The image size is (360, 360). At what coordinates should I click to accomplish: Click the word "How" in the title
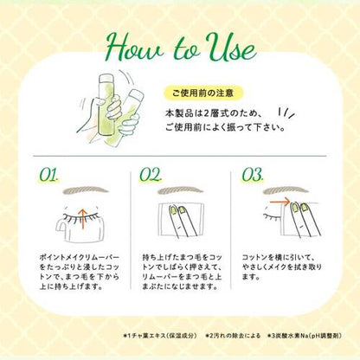pyautogui.click(x=136, y=47)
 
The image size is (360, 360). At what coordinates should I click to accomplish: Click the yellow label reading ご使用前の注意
pyautogui.click(x=203, y=93)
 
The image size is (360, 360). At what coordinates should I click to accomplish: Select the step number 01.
pyautogui.click(x=49, y=175)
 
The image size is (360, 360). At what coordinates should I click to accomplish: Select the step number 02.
pyautogui.click(x=151, y=175)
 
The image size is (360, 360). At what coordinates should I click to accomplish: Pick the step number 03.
pyautogui.click(x=253, y=175)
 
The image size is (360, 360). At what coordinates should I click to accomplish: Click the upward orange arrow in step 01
pyautogui.click(x=82, y=219)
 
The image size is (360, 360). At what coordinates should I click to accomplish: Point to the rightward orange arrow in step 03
pyautogui.click(x=280, y=202)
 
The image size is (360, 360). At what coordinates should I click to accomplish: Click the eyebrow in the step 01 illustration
pyautogui.click(x=86, y=190)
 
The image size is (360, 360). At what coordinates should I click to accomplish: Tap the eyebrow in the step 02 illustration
pyautogui.click(x=182, y=190)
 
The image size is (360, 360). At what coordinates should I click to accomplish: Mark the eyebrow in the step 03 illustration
pyautogui.click(x=286, y=190)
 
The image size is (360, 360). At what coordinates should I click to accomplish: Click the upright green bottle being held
pyautogui.click(x=106, y=105)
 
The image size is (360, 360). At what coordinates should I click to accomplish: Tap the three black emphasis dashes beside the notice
pyautogui.click(x=286, y=113)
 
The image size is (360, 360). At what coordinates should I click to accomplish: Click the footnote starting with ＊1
pyautogui.click(x=160, y=336)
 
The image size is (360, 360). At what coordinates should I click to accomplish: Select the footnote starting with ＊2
pyautogui.click(x=233, y=336)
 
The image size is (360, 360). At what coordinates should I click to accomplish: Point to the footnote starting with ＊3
pyautogui.click(x=305, y=336)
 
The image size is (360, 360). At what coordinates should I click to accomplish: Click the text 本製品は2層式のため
pyautogui.click(x=214, y=113)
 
